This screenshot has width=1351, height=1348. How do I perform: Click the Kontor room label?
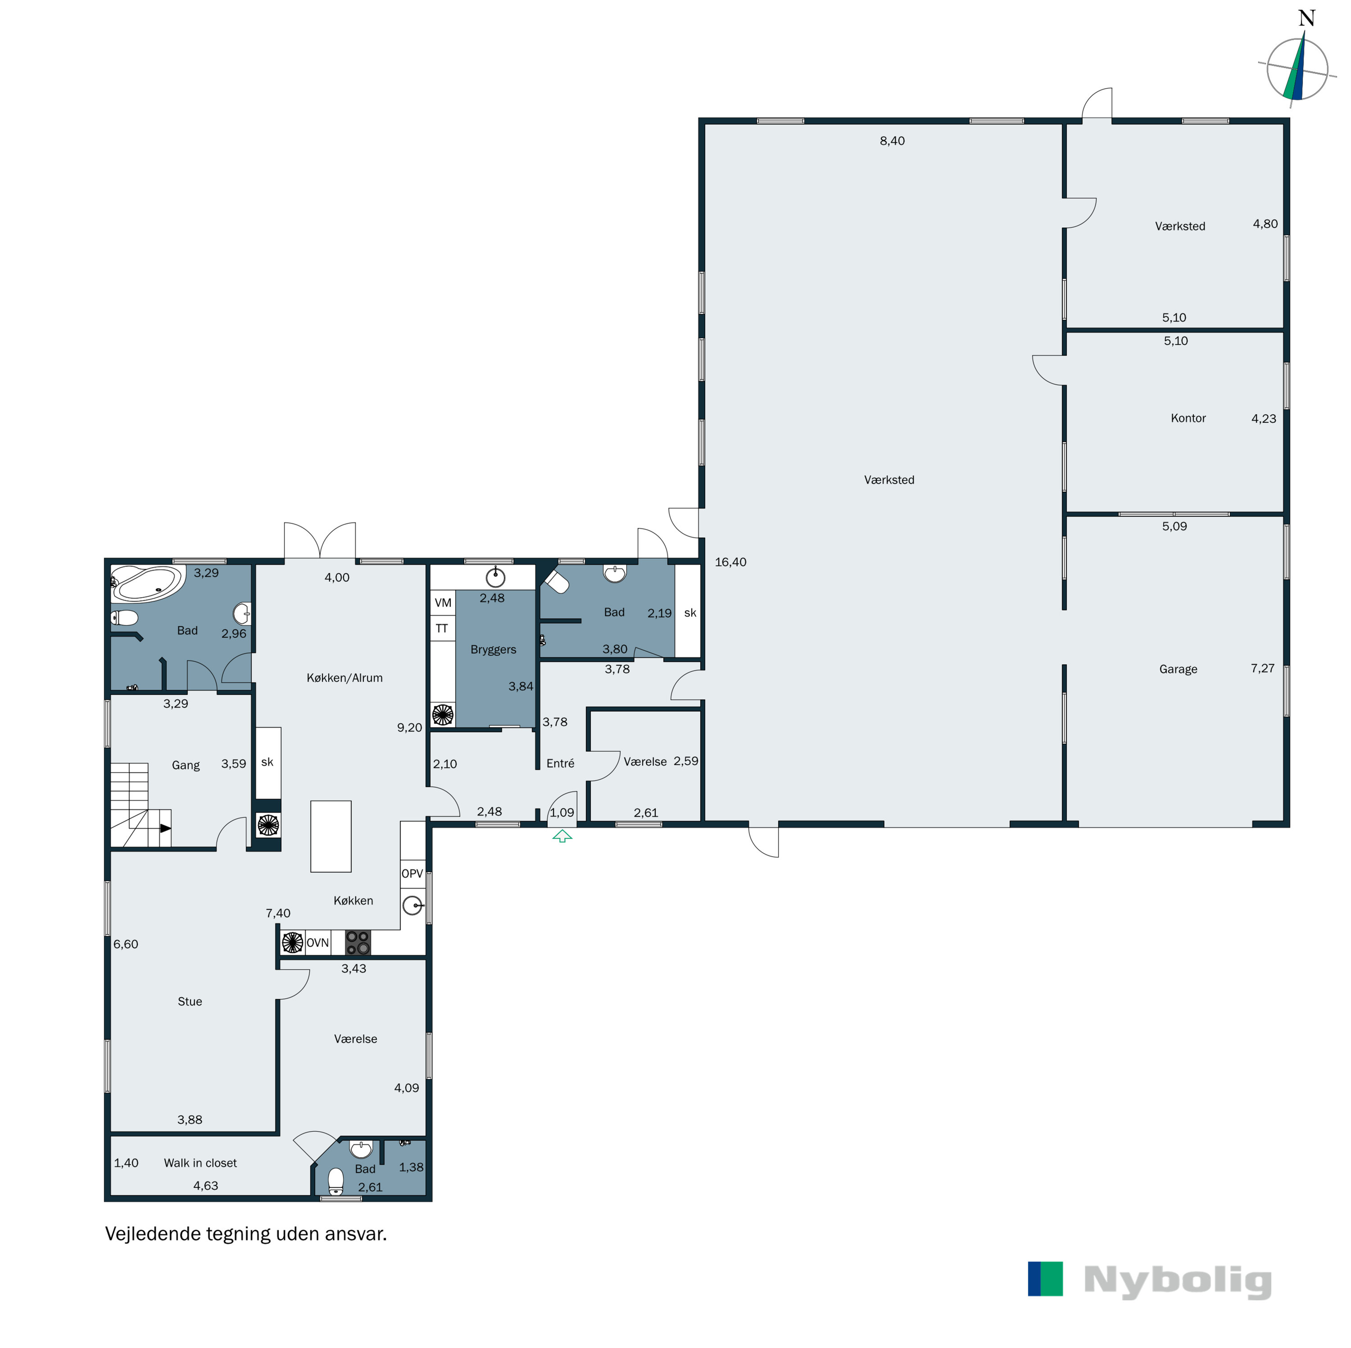(1188, 418)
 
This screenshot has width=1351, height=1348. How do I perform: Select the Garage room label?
(1178, 669)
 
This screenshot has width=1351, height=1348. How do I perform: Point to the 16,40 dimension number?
(730, 562)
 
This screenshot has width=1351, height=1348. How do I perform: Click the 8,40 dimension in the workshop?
(892, 140)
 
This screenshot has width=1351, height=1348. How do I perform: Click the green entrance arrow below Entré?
(562, 836)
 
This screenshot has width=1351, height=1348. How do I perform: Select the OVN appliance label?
(317, 943)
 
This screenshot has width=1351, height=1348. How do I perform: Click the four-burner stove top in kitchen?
(358, 943)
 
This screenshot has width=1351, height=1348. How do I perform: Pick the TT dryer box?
(442, 628)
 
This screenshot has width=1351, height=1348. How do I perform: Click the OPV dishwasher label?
(412, 873)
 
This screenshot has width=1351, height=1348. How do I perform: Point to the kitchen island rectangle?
(331, 836)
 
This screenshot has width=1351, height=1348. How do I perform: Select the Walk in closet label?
(200, 1163)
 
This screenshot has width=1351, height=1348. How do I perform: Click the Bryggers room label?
(493, 649)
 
